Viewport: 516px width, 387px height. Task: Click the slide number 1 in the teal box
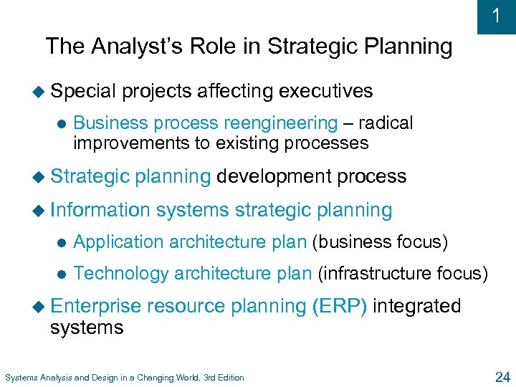(497, 16)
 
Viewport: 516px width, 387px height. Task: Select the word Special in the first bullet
(82, 91)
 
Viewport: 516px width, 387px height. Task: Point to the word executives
(326, 91)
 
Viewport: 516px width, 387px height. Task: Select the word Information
(100, 210)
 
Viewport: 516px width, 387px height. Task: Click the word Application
(119, 242)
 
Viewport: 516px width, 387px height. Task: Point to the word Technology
(121, 273)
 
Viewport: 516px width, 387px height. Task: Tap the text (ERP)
(340, 306)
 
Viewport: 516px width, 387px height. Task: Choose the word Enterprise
(95, 306)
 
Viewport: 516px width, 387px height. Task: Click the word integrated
(417, 306)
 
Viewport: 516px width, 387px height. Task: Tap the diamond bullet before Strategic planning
(44, 177)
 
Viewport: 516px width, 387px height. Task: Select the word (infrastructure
(370, 273)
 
